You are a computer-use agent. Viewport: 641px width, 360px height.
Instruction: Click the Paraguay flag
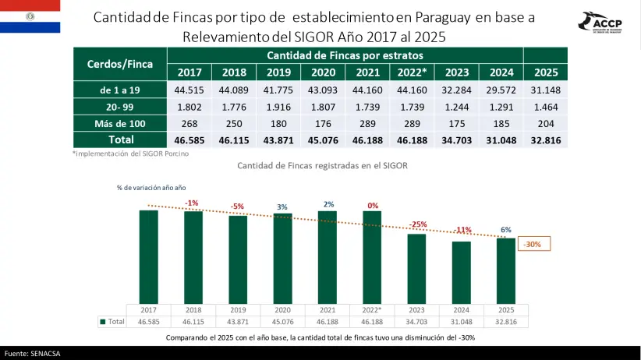[x=30, y=16]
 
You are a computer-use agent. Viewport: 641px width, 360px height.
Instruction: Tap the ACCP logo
[x=600, y=23]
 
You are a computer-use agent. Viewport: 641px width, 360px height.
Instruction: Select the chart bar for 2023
[x=416, y=269]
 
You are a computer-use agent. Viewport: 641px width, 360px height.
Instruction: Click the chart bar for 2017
[x=148, y=257]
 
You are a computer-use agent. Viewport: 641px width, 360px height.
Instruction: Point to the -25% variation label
[x=418, y=224]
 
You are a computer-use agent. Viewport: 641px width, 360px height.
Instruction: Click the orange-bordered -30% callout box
[x=534, y=244]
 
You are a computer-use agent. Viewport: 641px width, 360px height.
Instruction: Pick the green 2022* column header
[x=412, y=72]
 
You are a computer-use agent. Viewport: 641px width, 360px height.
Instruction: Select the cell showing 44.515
[x=189, y=90]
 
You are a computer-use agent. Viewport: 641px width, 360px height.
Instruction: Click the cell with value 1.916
[x=278, y=107]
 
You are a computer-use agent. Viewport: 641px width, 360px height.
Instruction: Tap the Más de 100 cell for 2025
[x=546, y=123]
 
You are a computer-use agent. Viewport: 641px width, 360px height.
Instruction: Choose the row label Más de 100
[x=120, y=123]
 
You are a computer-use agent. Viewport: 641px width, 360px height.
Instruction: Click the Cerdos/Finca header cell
[x=120, y=64]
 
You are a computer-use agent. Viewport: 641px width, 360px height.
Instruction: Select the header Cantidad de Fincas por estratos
[x=345, y=55]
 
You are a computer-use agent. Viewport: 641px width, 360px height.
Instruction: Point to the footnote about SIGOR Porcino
[x=131, y=154]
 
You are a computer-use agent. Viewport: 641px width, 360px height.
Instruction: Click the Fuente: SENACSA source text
[x=32, y=354]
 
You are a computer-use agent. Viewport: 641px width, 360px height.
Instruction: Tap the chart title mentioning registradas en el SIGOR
[x=322, y=165]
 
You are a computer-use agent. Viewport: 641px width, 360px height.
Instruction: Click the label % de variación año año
[x=151, y=188]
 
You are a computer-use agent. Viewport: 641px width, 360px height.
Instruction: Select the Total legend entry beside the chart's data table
[x=112, y=322]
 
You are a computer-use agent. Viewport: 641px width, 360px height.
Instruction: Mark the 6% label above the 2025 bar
[x=505, y=230]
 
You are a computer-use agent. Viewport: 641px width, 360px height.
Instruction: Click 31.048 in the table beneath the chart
[x=461, y=322]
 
